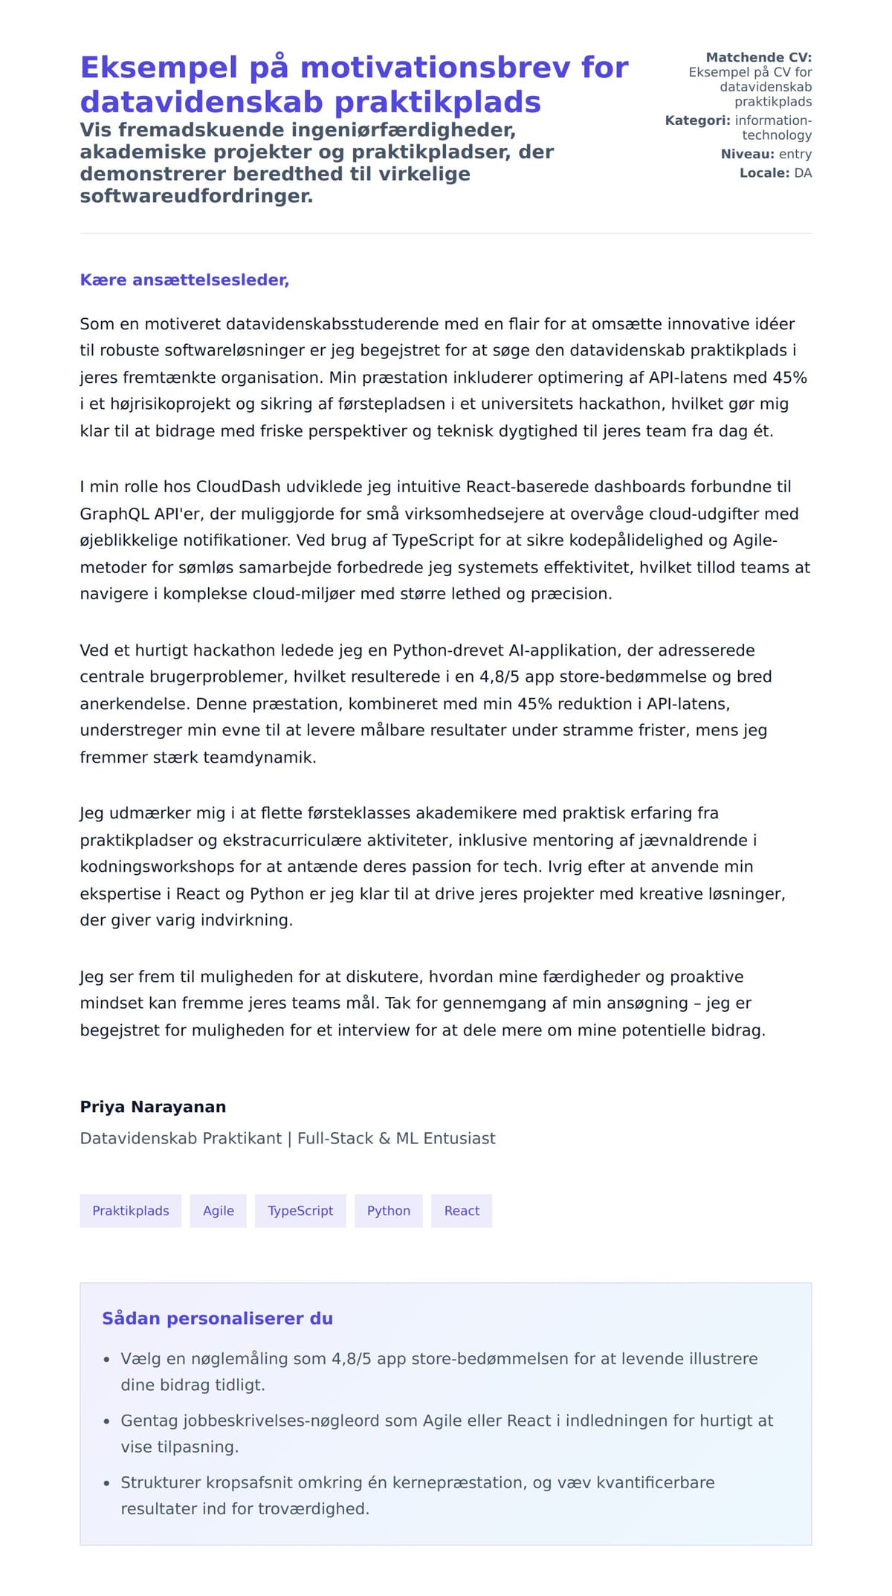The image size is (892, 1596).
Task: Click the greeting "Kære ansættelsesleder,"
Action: (184, 280)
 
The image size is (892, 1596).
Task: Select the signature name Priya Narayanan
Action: (153, 1107)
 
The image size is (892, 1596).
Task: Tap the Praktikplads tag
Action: (131, 1211)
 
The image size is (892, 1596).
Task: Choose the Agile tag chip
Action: (219, 1211)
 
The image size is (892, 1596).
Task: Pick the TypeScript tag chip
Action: (300, 1211)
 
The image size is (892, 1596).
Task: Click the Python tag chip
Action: (389, 1211)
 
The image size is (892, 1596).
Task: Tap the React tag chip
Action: (462, 1211)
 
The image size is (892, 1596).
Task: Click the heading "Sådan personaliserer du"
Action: (217, 1319)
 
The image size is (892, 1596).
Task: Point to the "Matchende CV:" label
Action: (758, 57)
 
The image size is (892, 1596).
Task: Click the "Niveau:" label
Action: (747, 155)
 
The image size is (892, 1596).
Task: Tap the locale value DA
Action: (803, 173)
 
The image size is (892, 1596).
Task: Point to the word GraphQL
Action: (112, 514)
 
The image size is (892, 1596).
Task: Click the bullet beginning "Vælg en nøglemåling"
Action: (439, 1372)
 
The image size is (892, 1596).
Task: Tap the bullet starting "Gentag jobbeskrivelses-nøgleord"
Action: (446, 1433)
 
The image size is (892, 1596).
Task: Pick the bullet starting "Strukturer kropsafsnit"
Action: (417, 1495)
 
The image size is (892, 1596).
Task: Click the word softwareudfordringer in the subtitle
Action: (196, 196)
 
